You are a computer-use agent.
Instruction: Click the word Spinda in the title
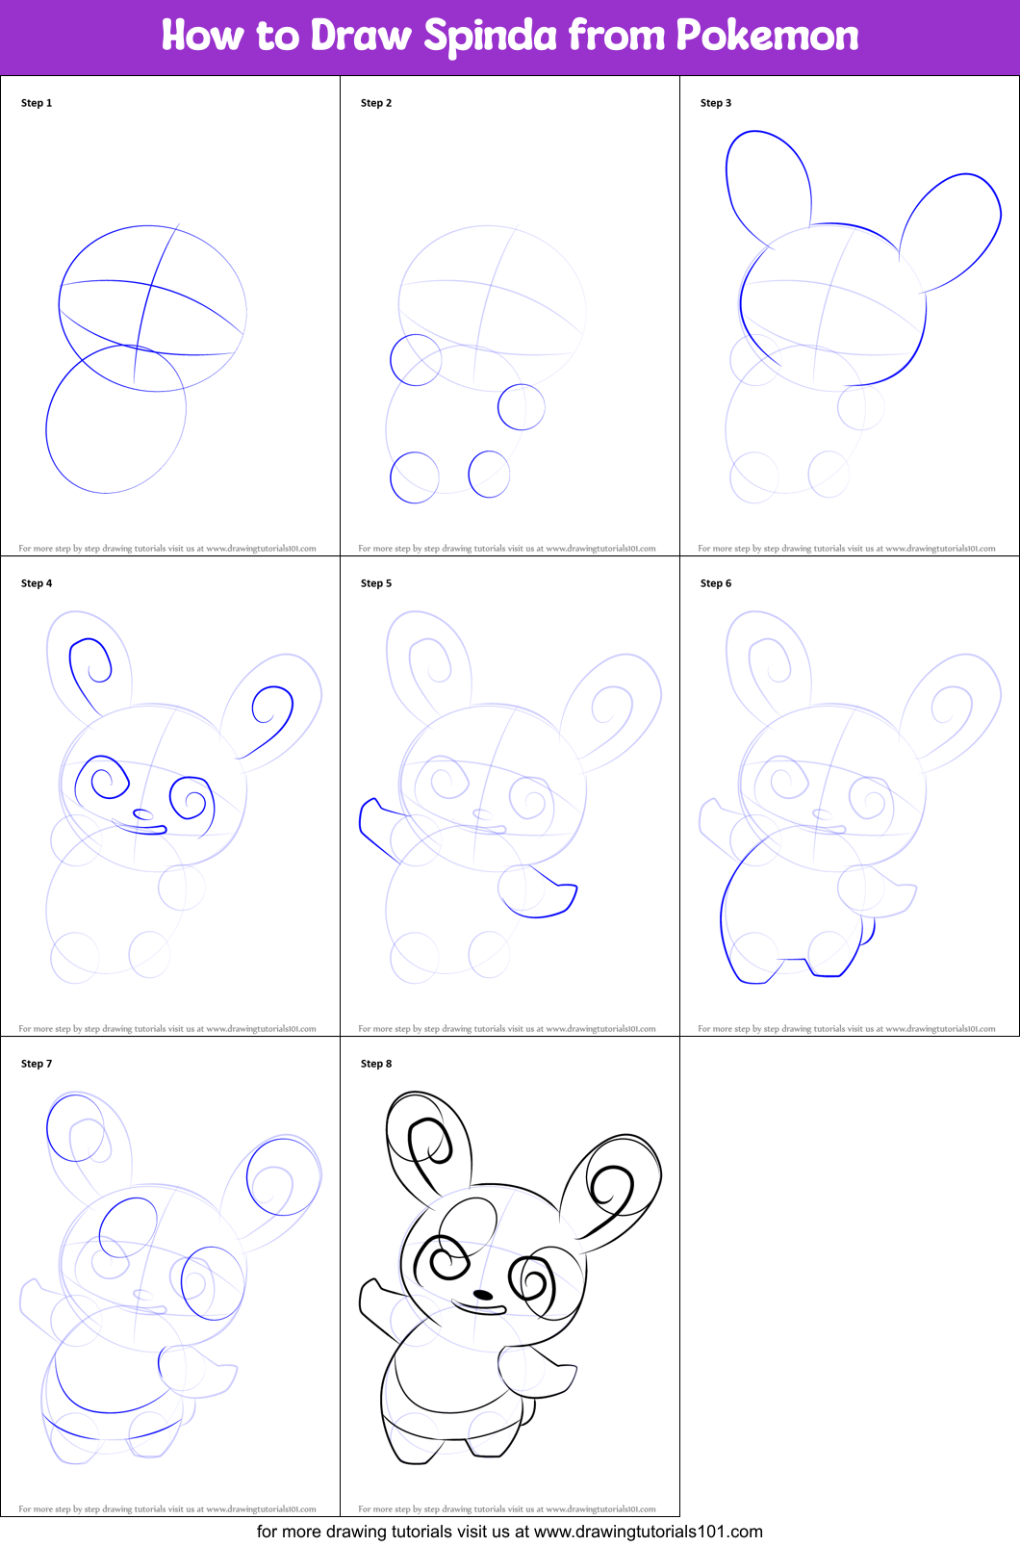click(x=490, y=37)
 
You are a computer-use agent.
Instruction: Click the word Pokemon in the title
click(x=767, y=37)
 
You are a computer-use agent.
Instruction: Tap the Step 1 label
click(x=37, y=103)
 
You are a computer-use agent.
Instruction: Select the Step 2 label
click(x=376, y=103)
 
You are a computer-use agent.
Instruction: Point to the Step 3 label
click(x=716, y=103)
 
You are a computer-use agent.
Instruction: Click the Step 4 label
click(x=37, y=583)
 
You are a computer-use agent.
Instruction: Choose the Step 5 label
click(x=376, y=583)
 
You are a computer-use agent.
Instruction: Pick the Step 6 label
click(x=716, y=583)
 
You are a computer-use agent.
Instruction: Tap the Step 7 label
click(x=37, y=1064)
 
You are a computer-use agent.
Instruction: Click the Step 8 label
click(x=376, y=1064)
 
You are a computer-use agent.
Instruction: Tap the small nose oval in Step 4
click(x=143, y=815)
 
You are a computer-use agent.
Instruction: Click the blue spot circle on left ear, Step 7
click(x=75, y=1127)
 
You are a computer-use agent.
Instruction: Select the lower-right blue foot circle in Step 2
click(x=489, y=475)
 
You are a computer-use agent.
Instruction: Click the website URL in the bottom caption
click(x=648, y=1532)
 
